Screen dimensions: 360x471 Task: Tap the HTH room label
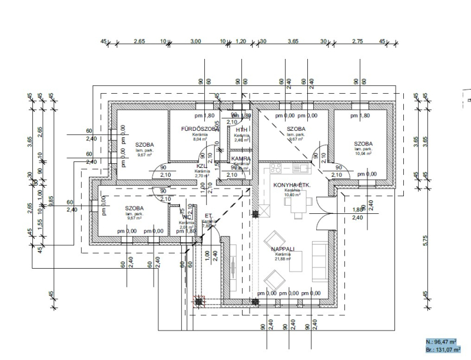[241, 130]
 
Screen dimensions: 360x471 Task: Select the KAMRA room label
[241, 158]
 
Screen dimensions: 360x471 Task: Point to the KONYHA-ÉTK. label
[291, 185]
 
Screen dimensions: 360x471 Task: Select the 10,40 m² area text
[291, 196]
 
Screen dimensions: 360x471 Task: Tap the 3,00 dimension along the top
[195, 41]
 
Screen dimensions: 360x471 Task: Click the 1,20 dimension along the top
[241, 41]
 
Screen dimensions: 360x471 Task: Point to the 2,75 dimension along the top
[357, 41]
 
